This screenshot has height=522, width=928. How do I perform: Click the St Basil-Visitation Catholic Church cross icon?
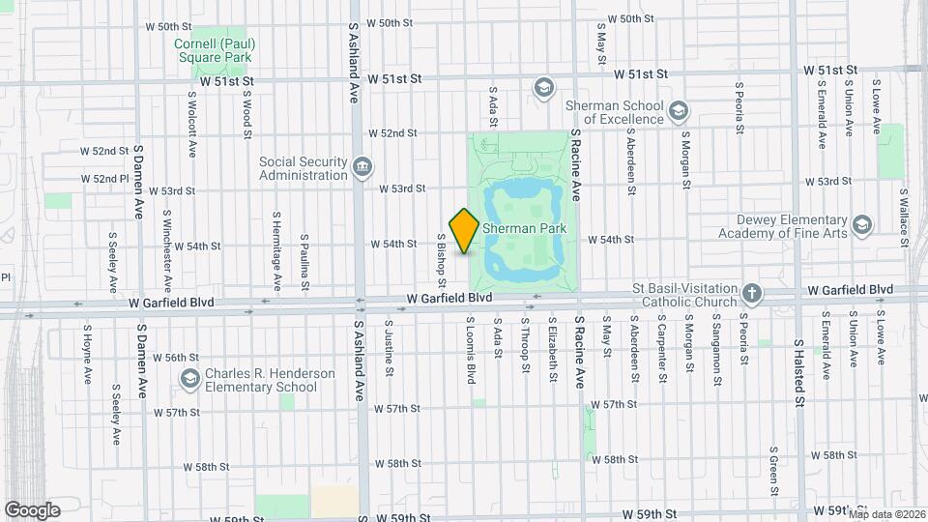pos(753,292)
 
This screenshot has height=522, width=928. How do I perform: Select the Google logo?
pos(32,509)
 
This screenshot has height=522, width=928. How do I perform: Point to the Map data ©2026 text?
pos(885,513)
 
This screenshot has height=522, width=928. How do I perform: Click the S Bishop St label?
pos(441,260)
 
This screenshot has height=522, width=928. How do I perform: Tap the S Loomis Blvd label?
pos(472,348)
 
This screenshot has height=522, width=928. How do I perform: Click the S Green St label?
pos(773,469)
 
